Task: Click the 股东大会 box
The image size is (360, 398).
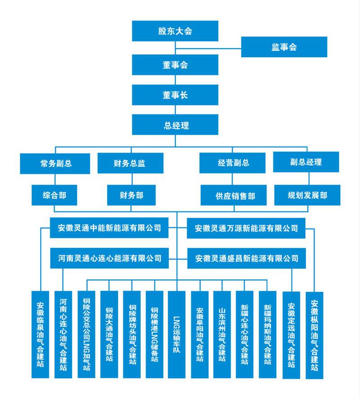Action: click(175, 31)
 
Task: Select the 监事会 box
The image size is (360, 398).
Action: click(284, 47)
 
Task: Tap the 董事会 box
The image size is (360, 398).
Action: click(175, 65)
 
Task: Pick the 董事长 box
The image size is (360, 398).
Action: click(175, 95)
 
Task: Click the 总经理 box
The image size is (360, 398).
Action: click(175, 125)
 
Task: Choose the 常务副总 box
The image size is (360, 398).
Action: click(55, 163)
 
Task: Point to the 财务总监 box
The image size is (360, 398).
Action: click(130, 163)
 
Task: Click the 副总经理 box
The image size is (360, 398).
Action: click(306, 162)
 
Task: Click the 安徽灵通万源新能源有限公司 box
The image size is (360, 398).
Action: click(246, 228)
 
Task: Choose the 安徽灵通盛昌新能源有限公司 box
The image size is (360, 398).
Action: click(246, 258)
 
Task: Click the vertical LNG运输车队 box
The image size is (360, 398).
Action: click(176, 334)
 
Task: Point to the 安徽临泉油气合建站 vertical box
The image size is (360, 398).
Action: click(40, 334)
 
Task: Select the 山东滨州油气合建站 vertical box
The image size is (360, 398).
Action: click(222, 334)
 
